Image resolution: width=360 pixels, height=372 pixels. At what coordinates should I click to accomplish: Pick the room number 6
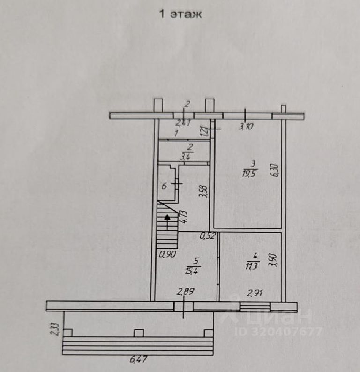[x=164, y=186]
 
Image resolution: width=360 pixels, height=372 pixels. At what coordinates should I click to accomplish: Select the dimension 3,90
[x=275, y=259]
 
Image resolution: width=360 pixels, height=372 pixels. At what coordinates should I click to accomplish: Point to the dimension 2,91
[x=255, y=294]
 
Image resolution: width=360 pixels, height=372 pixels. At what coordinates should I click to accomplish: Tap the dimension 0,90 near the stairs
[x=166, y=255]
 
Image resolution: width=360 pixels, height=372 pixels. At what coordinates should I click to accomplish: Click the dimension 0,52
[x=208, y=236]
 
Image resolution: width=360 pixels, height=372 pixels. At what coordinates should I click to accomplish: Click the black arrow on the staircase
[x=168, y=217]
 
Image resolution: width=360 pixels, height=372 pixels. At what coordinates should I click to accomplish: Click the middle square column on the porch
[x=138, y=333]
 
